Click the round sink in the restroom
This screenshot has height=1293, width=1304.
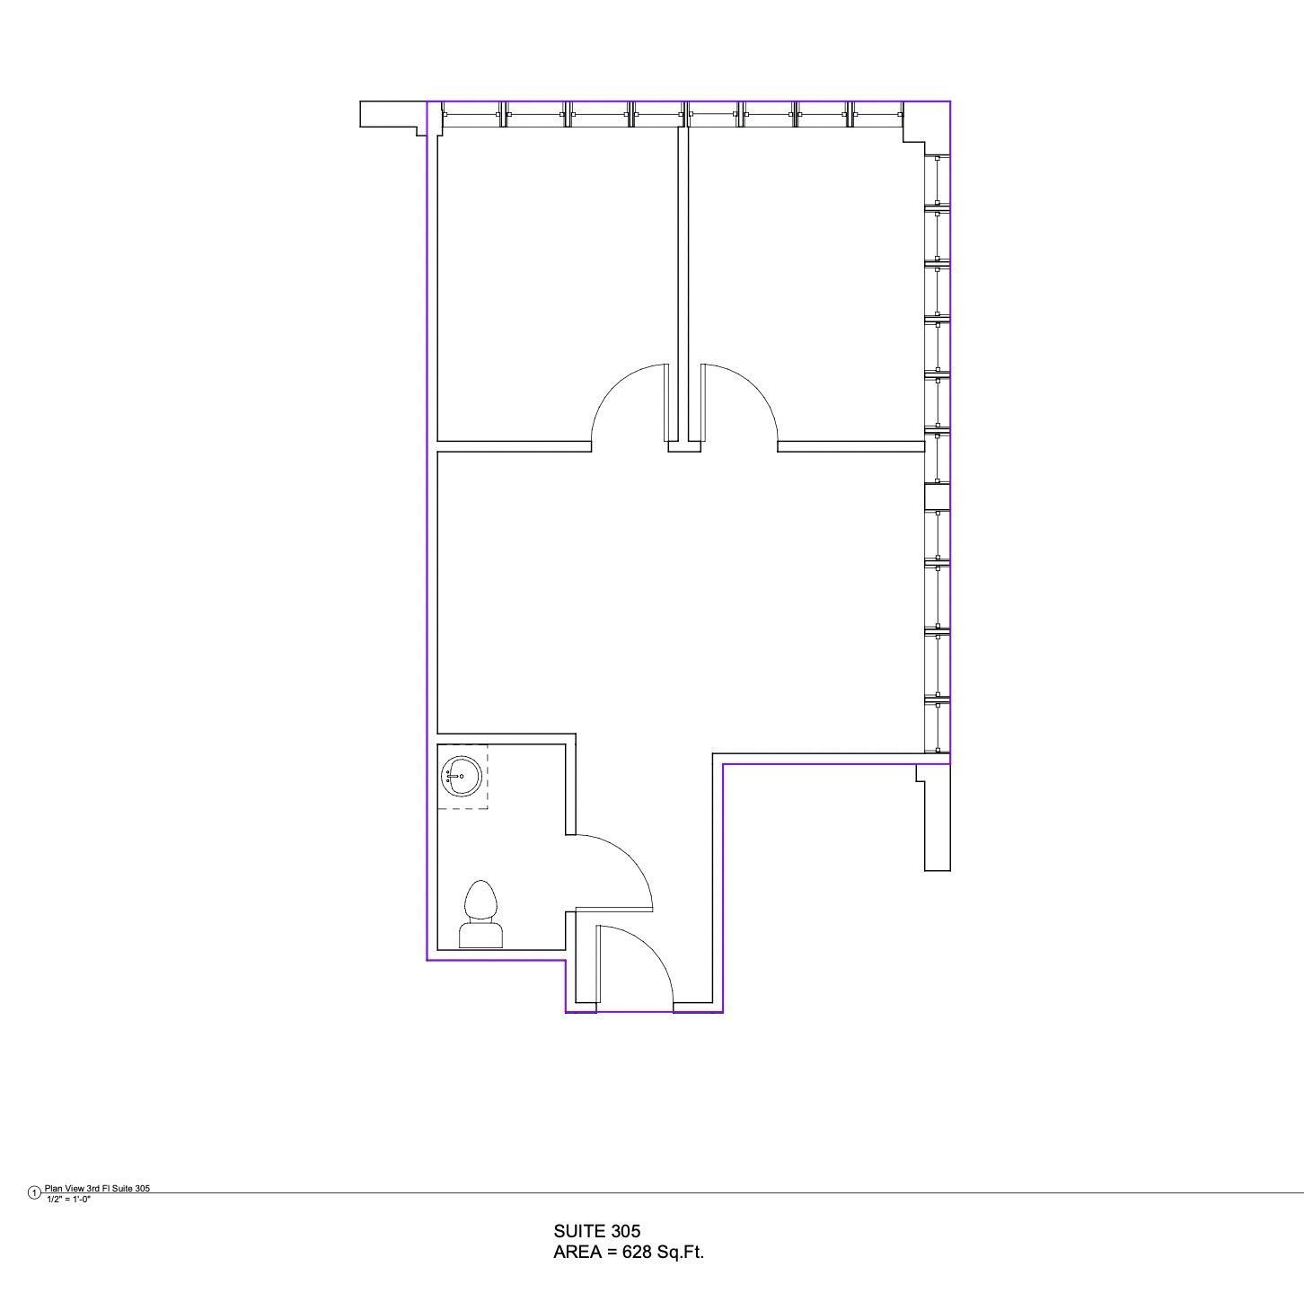462,776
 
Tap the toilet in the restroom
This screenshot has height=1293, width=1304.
481,914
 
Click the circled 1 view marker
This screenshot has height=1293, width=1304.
34,1192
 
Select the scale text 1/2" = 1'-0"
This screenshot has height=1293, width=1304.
68,1200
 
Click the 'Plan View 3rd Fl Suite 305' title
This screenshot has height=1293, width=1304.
98,1188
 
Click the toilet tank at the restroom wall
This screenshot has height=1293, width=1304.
481,936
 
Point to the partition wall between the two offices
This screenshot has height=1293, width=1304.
683,284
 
